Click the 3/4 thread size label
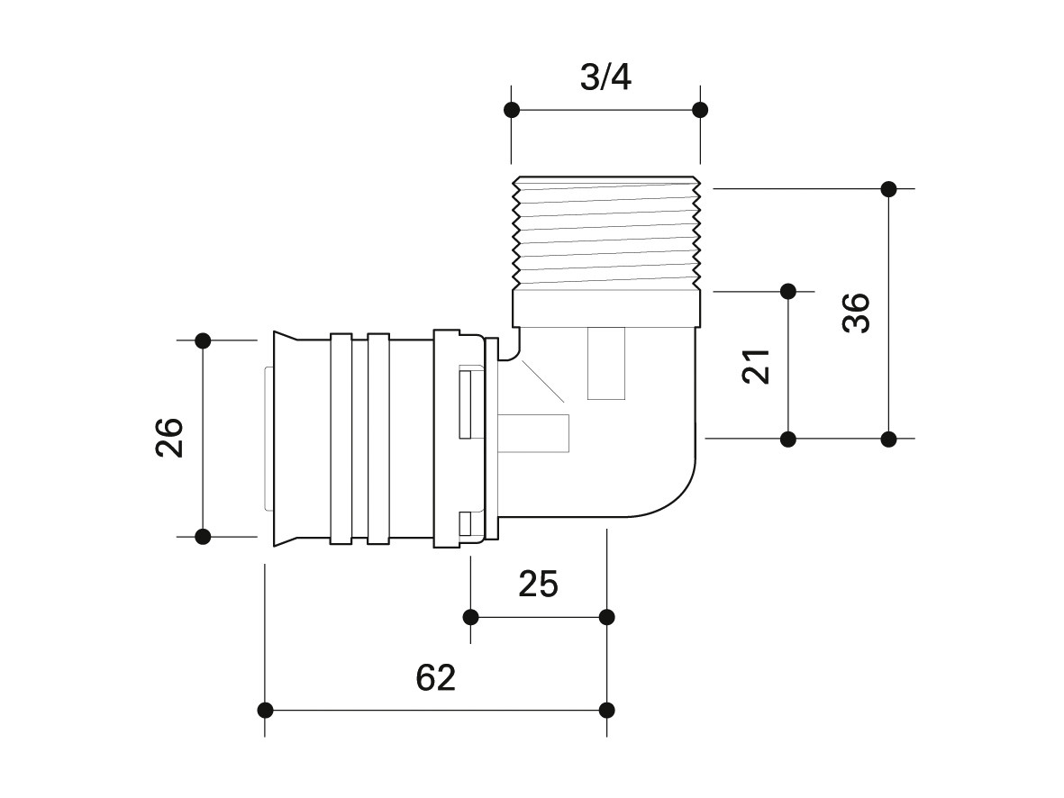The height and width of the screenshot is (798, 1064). click(605, 78)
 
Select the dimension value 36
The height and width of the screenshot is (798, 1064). click(857, 313)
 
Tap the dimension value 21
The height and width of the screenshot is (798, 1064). click(756, 367)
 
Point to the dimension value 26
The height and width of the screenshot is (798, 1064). click(169, 438)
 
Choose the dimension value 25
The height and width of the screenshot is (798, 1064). click(538, 584)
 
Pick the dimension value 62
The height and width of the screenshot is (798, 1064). click(436, 677)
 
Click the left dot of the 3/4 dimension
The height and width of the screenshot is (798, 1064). click(512, 110)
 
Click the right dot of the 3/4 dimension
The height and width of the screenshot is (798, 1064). click(700, 110)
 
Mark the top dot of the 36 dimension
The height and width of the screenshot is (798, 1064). click(888, 188)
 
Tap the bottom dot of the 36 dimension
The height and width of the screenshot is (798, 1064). click(888, 440)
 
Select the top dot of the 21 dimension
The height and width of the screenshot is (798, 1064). click(787, 292)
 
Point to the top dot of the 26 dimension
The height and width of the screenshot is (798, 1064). click(203, 340)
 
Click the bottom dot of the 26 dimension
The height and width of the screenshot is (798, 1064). click(203, 537)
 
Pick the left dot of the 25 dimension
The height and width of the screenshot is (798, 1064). click(471, 617)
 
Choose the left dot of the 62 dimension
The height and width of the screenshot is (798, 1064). click(265, 711)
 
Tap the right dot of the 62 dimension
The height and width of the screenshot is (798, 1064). click(607, 711)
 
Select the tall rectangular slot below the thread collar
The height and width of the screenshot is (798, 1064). click(606, 363)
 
